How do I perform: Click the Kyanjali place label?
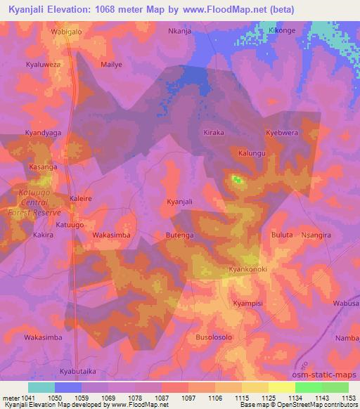point(179,202)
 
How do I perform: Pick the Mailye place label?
point(112,64)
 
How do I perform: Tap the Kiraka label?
point(213,132)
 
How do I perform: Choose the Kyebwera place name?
point(282,132)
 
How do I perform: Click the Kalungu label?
point(252,152)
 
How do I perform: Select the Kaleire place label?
point(80,199)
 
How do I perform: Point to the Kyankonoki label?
point(248,269)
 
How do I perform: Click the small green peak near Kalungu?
point(237,180)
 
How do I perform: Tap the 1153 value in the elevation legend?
point(347,398)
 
